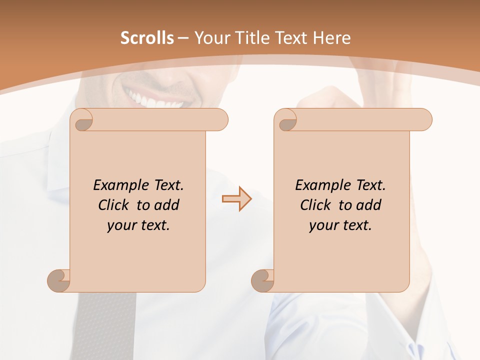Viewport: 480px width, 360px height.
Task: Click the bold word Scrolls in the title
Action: point(147,37)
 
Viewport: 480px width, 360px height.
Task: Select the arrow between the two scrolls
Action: point(236,199)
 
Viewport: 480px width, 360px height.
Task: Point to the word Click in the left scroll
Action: point(116,205)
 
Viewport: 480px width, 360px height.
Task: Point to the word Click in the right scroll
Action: point(318,205)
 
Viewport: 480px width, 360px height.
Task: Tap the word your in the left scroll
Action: point(121,225)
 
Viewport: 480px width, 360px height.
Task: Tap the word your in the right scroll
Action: point(323,225)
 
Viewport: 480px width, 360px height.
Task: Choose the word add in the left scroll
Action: point(166,205)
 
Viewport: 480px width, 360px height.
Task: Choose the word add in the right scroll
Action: point(368,205)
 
